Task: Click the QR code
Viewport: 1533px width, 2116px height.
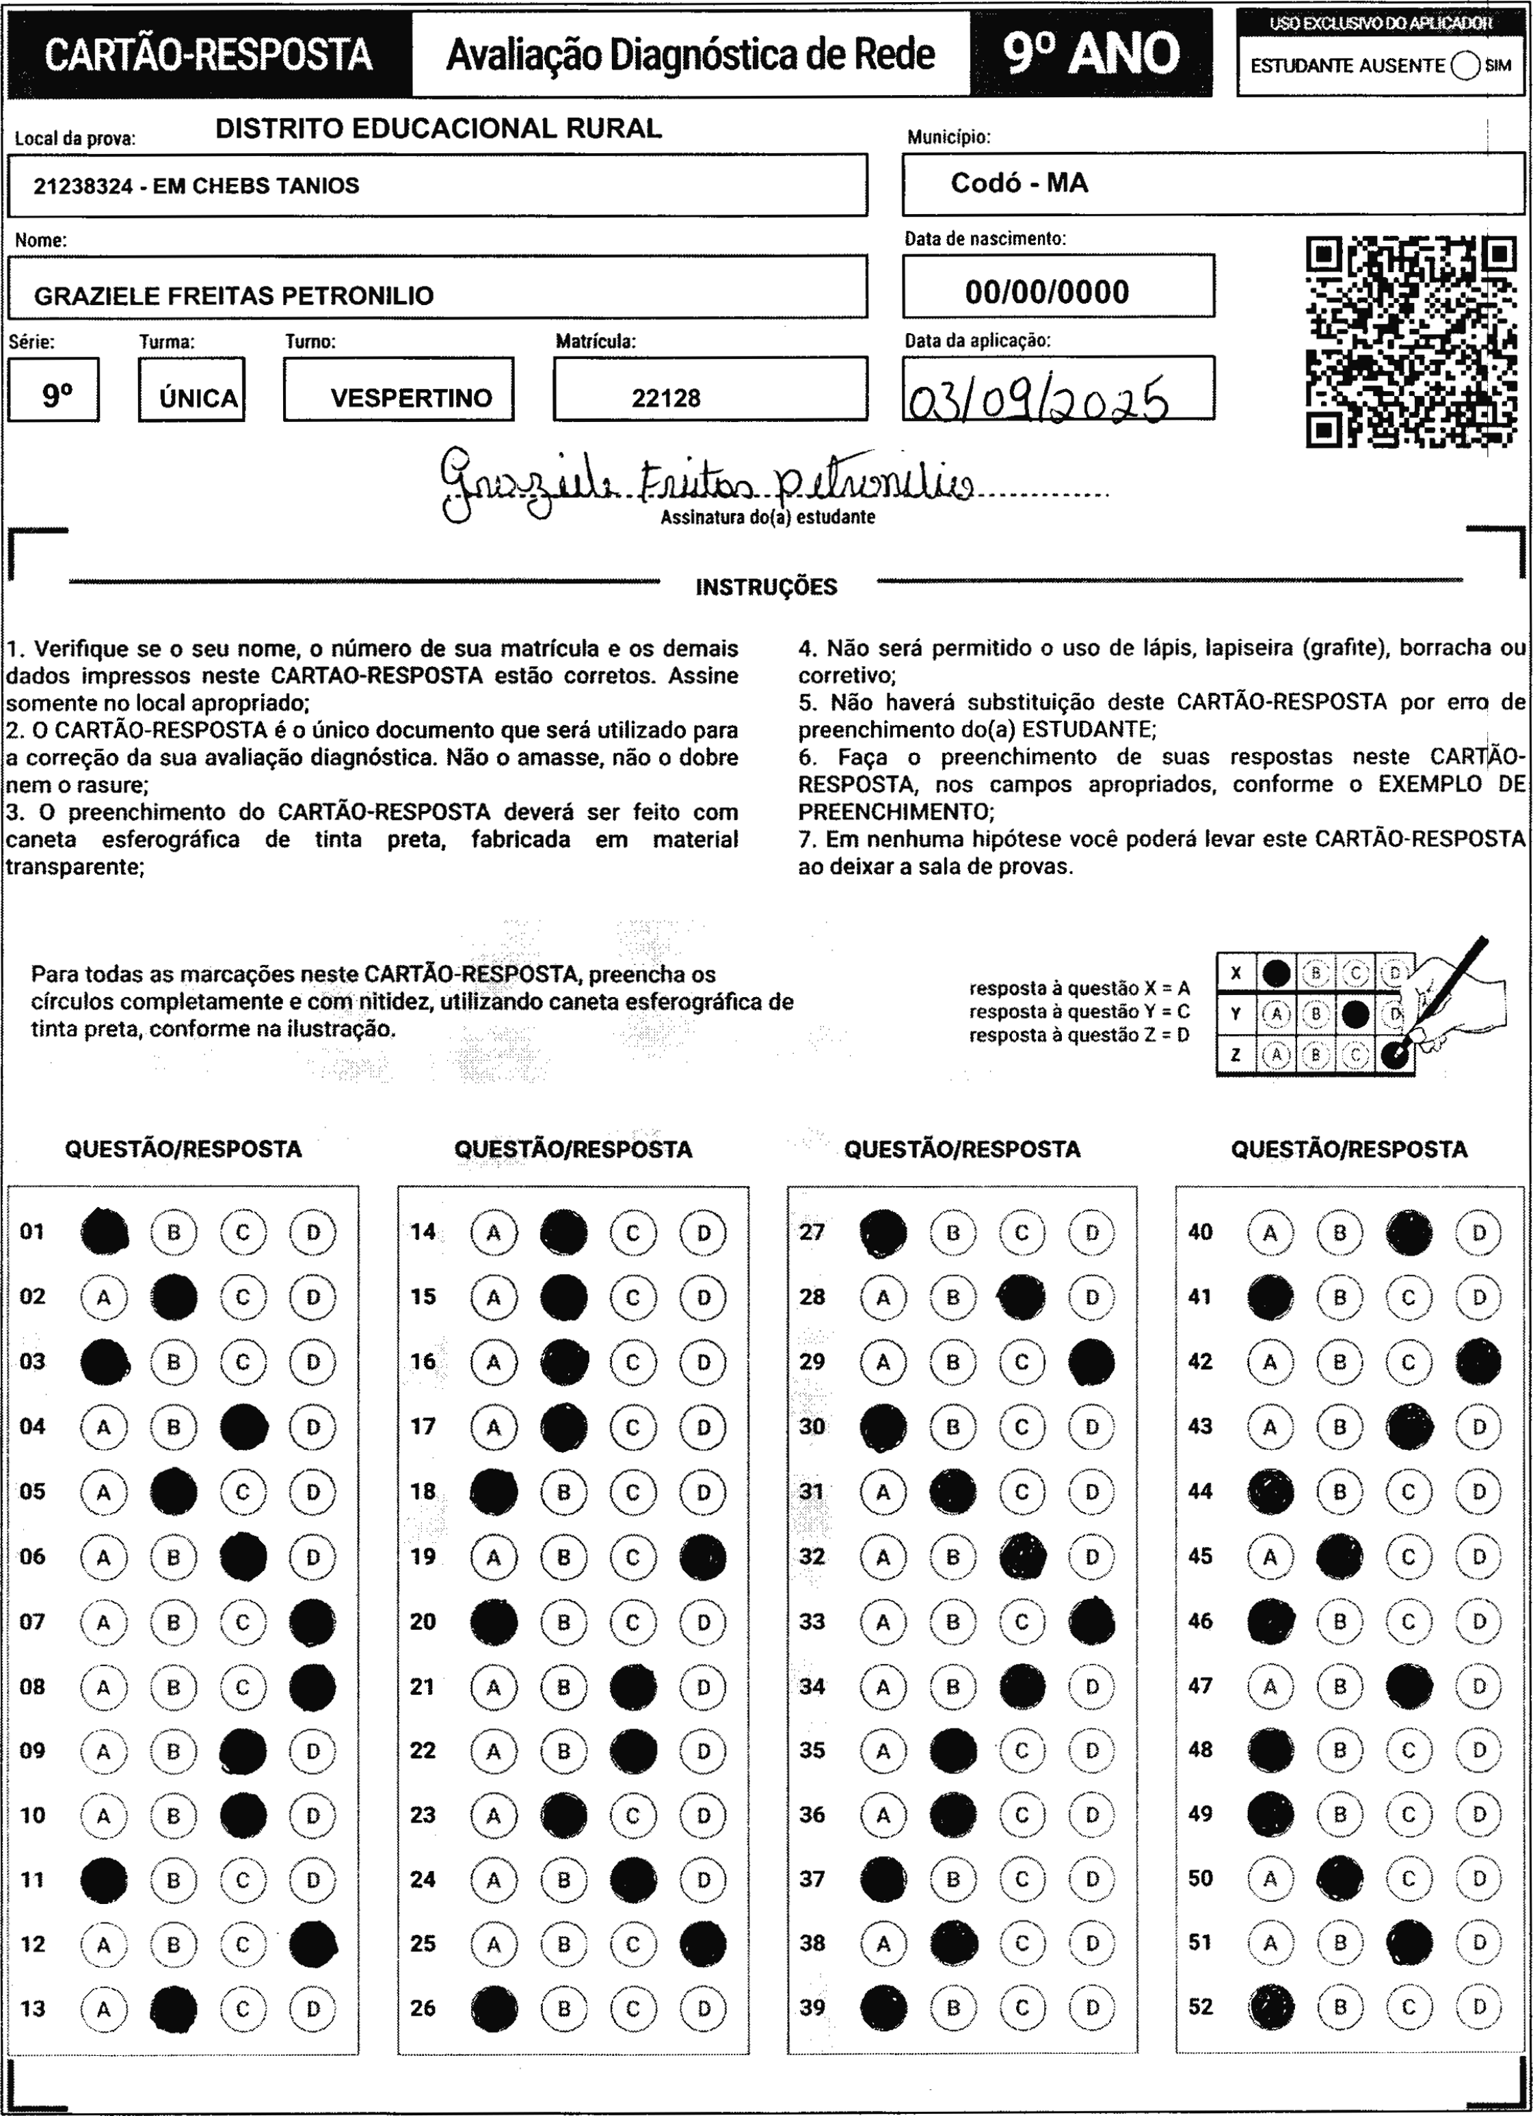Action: (x=1410, y=341)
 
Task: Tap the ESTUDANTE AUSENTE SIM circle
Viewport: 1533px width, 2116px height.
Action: (x=1465, y=66)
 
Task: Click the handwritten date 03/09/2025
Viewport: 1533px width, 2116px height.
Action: (x=1037, y=399)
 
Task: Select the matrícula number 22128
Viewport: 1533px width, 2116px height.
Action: (x=665, y=399)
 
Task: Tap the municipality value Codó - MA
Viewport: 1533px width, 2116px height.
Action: (x=1019, y=183)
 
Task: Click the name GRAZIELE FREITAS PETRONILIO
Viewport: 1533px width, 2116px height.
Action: (x=233, y=295)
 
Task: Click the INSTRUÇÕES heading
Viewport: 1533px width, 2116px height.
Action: (x=766, y=587)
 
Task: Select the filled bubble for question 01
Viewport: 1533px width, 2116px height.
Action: (x=105, y=1232)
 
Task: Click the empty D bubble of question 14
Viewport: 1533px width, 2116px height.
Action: (x=703, y=1232)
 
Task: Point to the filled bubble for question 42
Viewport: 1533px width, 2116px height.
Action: (x=1479, y=1362)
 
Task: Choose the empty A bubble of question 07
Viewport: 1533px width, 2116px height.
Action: (x=103, y=1622)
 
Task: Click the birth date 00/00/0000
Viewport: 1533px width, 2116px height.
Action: (x=1047, y=292)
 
